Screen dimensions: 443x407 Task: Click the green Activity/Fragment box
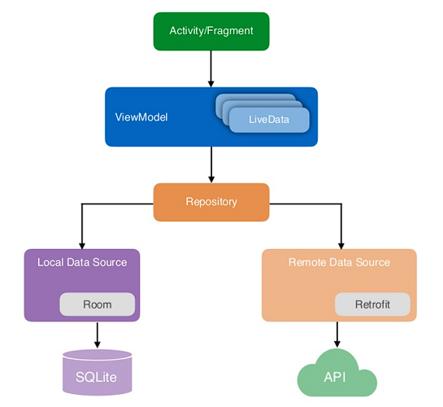(211, 31)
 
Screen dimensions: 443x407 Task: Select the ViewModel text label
(141, 117)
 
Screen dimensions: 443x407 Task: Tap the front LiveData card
(269, 120)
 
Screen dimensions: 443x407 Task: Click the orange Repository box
(211, 202)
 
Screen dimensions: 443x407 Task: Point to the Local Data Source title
(82, 262)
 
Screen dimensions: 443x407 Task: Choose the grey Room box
(98, 304)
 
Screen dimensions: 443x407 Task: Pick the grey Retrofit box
(372, 304)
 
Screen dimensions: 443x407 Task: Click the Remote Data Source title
(339, 262)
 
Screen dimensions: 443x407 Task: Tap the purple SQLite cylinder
(98, 372)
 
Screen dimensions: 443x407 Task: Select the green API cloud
(337, 374)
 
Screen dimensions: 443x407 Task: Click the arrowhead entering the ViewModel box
(211, 84)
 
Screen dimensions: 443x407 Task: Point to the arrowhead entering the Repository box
(211, 179)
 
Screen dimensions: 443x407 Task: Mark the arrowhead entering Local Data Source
(82, 246)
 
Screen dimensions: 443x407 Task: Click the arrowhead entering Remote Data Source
(341, 246)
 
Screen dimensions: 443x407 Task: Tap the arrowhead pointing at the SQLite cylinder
(98, 344)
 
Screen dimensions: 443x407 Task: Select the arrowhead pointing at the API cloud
(337, 344)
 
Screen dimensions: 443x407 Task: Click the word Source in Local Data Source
(110, 262)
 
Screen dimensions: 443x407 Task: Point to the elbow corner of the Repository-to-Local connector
(82, 203)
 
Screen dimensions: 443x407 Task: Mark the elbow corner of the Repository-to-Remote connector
(341, 203)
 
